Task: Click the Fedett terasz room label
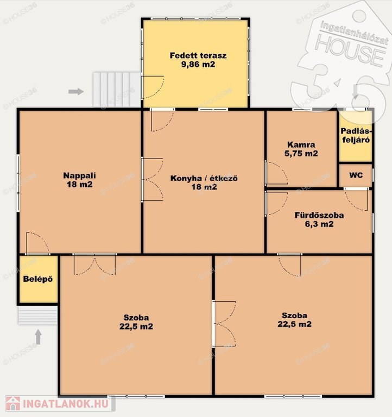click(198, 55)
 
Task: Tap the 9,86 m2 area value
click(198, 65)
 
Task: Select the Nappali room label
click(79, 175)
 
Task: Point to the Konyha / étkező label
click(204, 178)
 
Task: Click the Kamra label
click(301, 144)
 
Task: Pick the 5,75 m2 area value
click(301, 154)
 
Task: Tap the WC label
click(356, 175)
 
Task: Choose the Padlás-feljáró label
click(356, 135)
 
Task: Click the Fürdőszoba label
click(319, 215)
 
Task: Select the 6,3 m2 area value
click(319, 224)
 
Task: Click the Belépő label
click(38, 279)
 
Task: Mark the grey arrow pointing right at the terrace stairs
click(76, 91)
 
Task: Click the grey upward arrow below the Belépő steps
click(39, 337)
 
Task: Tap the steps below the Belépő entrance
click(38, 315)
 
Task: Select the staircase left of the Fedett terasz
click(117, 90)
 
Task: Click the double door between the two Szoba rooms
click(224, 324)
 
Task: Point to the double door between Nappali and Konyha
click(152, 179)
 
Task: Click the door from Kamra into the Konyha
click(276, 173)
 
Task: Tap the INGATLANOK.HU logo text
click(66, 404)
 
